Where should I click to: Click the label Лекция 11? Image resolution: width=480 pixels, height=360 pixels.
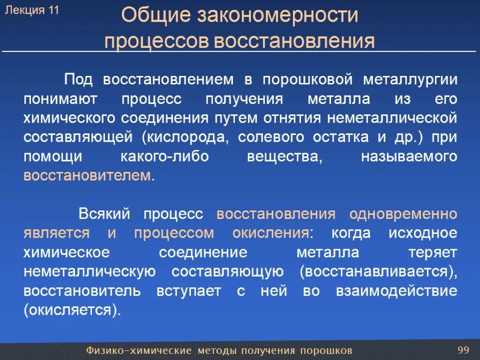click(x=31, y=11)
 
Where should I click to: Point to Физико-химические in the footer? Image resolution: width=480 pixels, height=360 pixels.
click(x=139, y=351)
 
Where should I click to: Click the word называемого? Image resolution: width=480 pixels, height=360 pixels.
click(x=409, y=157)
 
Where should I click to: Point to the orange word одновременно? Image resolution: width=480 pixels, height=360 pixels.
click(x=403, y=214)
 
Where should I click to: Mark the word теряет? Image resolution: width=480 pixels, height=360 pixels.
click(x=433, y=253)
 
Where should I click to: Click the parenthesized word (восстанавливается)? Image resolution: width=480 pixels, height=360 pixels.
click(x=377, y=272)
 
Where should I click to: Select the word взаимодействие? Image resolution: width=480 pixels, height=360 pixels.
click(x=396, y=291)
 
